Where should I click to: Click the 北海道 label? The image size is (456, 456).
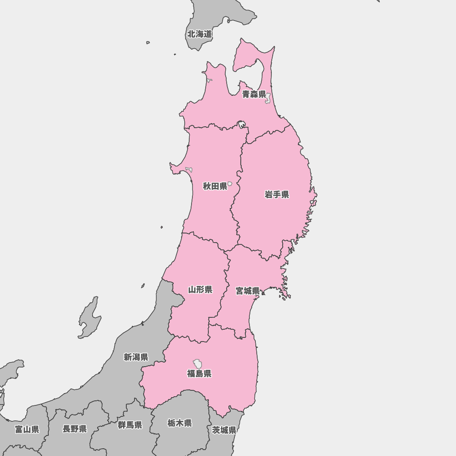200,34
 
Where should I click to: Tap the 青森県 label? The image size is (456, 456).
254,94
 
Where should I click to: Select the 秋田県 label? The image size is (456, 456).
215,186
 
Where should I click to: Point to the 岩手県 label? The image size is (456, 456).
277,195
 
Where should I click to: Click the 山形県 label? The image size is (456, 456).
200,290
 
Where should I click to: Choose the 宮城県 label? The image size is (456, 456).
248,291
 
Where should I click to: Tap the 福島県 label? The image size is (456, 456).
199,374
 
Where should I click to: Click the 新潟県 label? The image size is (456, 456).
136,357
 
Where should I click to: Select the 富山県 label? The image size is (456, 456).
27,429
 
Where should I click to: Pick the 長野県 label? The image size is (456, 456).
74,429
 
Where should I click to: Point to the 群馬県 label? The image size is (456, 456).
130,425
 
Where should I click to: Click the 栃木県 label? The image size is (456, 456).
180,423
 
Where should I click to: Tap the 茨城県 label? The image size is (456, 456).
224,430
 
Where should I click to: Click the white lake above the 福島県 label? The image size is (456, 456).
198,363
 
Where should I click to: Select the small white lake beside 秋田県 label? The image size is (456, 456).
230,184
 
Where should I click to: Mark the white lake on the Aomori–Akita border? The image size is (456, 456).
241,124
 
